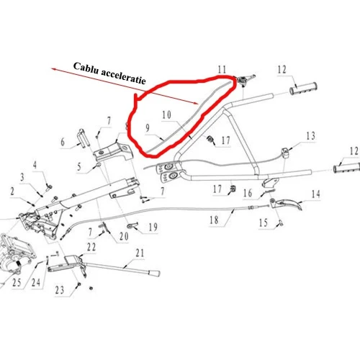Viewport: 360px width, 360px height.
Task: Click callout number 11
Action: click(222, 69)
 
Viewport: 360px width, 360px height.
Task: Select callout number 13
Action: click(310, 136)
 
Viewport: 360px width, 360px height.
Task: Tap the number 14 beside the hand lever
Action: click(315, 194)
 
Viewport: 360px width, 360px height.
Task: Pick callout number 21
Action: click(140, 253)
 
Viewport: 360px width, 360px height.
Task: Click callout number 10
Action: click(166, 115)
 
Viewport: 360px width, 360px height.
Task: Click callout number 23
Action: click(59, 290)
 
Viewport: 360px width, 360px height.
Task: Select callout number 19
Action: click(152, 228)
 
